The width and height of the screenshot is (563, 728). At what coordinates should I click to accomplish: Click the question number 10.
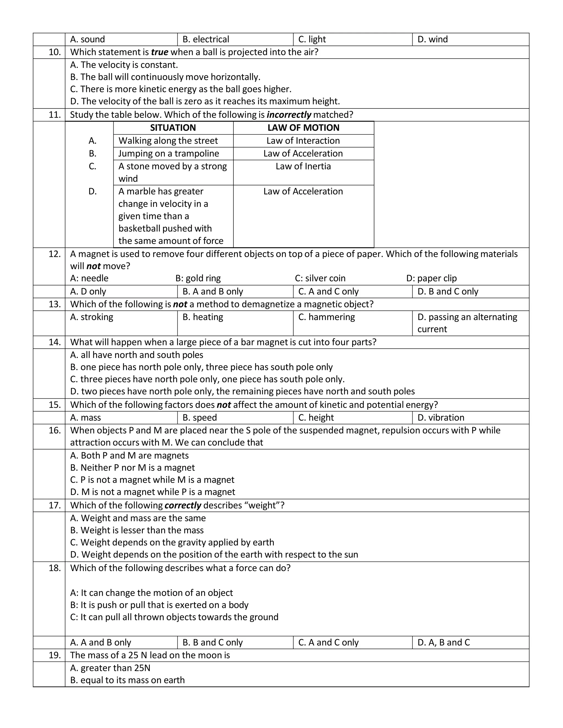coord(55,52)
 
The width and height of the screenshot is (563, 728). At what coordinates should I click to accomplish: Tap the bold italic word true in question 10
coord(159,52)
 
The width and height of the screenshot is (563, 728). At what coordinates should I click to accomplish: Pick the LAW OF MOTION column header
coord(303,128)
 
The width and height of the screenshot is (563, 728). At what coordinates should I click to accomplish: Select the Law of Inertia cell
coord(303,166)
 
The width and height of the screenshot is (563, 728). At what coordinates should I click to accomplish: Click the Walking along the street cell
coord(168,141)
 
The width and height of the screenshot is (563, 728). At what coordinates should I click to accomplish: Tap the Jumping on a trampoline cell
coord(169,153)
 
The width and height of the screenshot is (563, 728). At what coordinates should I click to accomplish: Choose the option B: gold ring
coord(198,278)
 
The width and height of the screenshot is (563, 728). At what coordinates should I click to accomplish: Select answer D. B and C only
coord(448,292)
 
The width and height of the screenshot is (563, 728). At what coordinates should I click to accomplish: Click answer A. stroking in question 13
coord(92,317)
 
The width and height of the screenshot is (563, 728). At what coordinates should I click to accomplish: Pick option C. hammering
coord(326,317)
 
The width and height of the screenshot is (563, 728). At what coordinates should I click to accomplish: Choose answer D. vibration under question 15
coord(441,418)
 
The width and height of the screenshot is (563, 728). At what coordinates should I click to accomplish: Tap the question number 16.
coord(55,430)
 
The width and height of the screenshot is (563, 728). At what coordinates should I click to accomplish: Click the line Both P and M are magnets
coord(129,456)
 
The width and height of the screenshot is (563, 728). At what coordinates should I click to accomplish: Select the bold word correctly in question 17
coord(183,505)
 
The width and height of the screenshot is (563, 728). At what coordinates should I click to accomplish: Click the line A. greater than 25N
coord(110,668)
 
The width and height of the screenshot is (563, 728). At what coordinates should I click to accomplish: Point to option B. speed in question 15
coord(200,418)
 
